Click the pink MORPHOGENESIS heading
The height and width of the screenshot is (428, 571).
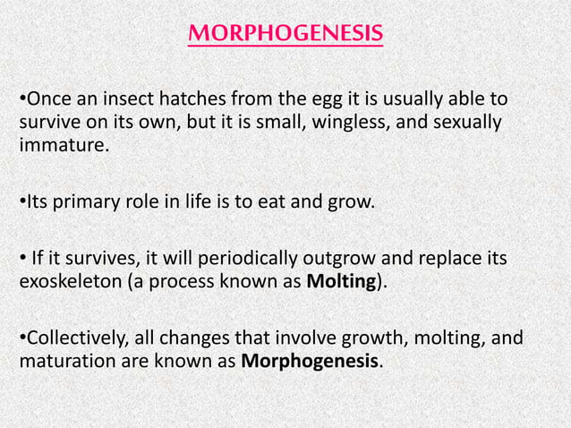[x=285, y=35]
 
